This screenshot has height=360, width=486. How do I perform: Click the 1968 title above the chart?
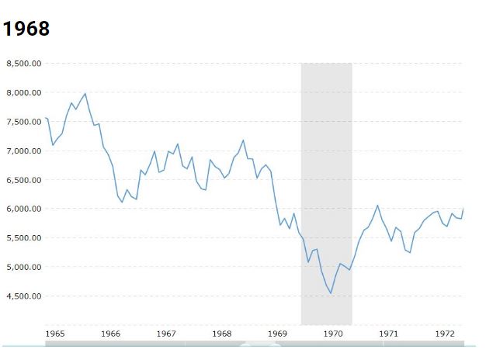(x=26, y=29)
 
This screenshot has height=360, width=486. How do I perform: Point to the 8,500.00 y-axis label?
(x=24, y=64)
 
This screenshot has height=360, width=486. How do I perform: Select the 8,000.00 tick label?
(x=24, y=92)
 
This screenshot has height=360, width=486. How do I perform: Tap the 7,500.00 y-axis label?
(x=24, y=122)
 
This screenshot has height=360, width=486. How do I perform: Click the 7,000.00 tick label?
(x=24, y=151)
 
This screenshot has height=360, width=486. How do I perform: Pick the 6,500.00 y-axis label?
(x=24, y=180)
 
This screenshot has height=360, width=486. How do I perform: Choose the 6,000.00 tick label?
(x=24, y=209)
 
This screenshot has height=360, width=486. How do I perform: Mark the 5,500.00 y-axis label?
(x=24, y=238)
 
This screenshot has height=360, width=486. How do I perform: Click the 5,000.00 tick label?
(x=24, y=267)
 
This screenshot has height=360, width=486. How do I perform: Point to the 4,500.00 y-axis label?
(x=24, y=296)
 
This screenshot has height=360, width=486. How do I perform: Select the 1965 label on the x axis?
(x=55, y=334)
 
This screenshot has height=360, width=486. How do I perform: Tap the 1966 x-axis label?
(x=111, y=334)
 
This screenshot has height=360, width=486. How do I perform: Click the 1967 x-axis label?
(x=166, y=334)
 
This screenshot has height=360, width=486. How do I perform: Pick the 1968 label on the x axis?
(x=222, y=334)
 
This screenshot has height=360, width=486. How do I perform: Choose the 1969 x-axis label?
(x=278, y=334)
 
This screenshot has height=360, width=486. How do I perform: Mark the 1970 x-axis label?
(x=333, y=334)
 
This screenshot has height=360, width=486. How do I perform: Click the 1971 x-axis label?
(x=389, y=334)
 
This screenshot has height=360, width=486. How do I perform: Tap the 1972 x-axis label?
(x=444, y=334)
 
